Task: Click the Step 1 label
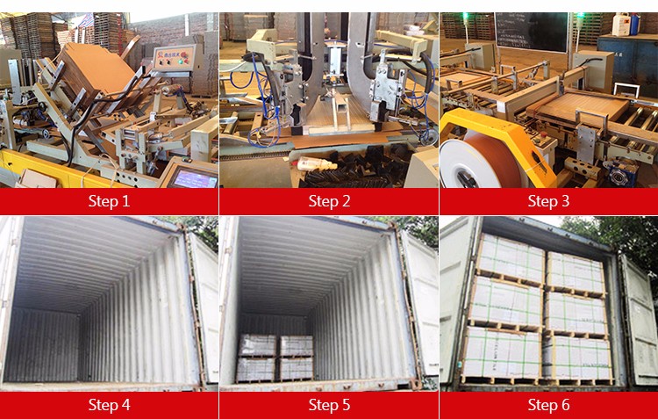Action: [x=109, y=201]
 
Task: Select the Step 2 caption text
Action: [x=329, y=201]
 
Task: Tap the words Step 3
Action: [x=548, y=201]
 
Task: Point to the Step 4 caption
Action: [x=109, y=405]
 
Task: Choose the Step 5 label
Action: [x=329, y=405]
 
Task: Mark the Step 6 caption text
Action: [x=548, y=405]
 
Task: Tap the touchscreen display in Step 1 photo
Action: [x=195, y=178]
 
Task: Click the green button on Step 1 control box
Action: [x=182, y=61]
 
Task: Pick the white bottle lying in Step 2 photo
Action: [x=317, y=163]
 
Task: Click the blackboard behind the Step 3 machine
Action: [x=531, y=32]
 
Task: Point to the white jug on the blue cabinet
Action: [x=620, y=25]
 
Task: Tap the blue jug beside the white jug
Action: [x=634, y=24]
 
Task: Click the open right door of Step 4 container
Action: [x=204, y=306]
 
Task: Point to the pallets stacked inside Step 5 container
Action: [x=275, y=358]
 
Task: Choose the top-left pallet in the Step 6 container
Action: [x=511, y=257]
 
